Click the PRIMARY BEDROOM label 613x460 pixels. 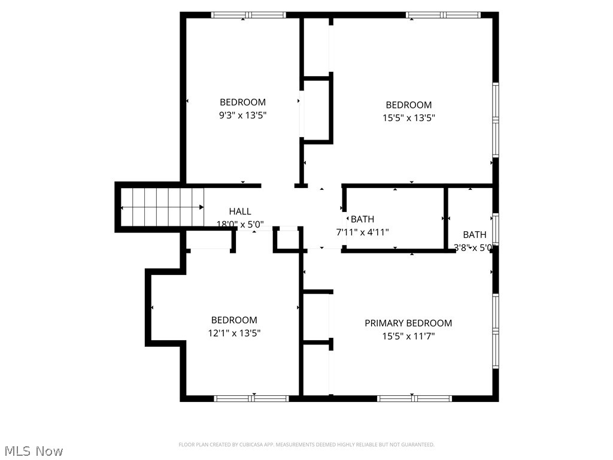(408, 323)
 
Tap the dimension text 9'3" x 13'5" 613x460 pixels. (242, 115)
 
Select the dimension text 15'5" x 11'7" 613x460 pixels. (408, 337)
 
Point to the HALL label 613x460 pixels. (240, 211)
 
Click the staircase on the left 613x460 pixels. (162, 207)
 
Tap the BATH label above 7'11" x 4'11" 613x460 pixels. (362, 219)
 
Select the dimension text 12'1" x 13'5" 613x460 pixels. (234, 333)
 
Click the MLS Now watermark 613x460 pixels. (34, 451)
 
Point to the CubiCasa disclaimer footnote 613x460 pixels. (306, 444)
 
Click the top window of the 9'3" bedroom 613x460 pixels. (248, 15)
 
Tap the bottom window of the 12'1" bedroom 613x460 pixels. (251, 398)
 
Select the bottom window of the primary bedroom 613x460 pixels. (414, 398)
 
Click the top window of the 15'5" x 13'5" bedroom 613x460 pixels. (443, 15)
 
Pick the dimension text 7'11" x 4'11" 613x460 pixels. (362, 232)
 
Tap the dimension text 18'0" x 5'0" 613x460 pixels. (240, 225)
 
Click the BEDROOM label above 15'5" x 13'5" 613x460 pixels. (408, 105)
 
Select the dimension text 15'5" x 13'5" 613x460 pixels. (408, 119)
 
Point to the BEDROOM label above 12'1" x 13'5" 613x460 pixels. (234, 320)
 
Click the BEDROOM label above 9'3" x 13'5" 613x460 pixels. (242, 102)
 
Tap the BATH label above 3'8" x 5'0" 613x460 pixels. (475, 235)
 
